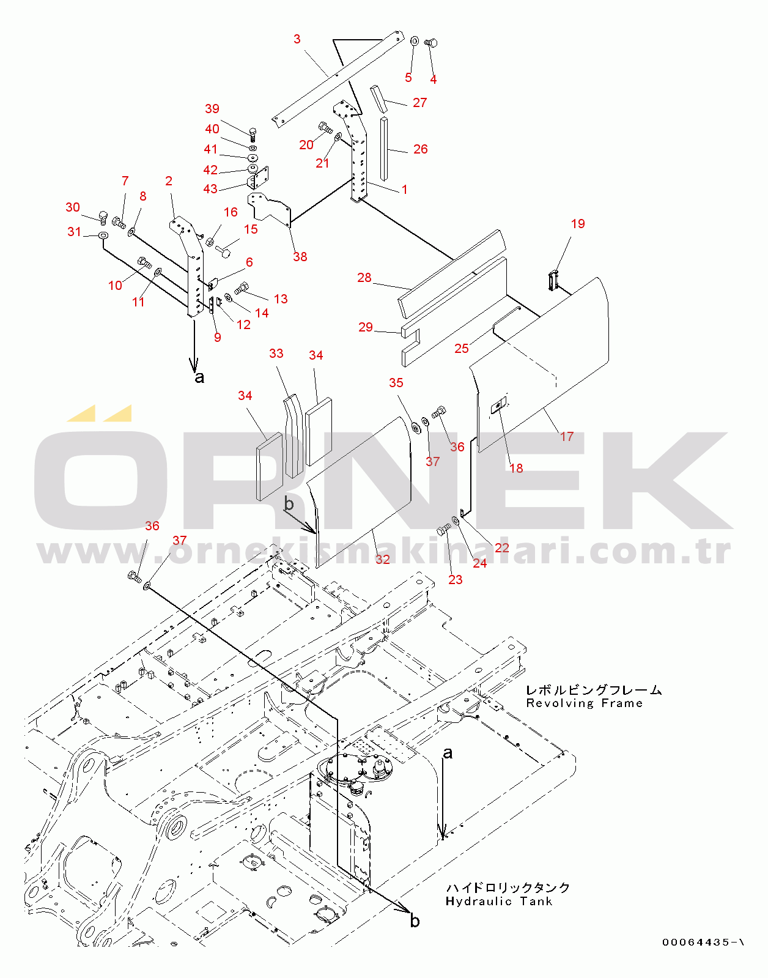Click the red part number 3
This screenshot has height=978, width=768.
297,39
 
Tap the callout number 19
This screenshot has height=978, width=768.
578,224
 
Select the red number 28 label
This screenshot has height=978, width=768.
364,278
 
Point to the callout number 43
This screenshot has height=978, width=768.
210,188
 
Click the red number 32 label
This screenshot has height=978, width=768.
382,559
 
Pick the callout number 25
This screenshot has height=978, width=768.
462,349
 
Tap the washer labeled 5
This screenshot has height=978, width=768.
415,42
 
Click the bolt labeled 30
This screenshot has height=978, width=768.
103,218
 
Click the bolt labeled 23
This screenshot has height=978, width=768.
444,529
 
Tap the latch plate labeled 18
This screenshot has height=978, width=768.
498,406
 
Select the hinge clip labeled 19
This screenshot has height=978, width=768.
553,280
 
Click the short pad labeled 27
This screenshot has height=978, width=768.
378,98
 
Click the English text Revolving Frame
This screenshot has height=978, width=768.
585,703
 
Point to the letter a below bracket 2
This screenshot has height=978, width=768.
199,377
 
